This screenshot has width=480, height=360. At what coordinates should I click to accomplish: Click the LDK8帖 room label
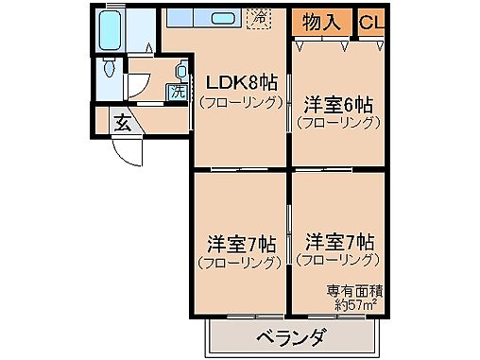click(238, 82)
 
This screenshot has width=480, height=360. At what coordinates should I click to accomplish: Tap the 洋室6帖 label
click(337, 104)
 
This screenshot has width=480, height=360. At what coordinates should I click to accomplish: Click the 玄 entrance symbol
click(123, 121)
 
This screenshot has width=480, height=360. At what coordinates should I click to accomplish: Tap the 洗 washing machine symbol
click(176, 93)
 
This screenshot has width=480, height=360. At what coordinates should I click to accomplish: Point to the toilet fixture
click(111, 69)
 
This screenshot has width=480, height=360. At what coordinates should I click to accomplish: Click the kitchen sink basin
click(223, 18)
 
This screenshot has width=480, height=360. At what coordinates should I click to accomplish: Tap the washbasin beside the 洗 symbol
click(180, 70)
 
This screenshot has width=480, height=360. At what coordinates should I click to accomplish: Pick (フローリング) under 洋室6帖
click(337, 121)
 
